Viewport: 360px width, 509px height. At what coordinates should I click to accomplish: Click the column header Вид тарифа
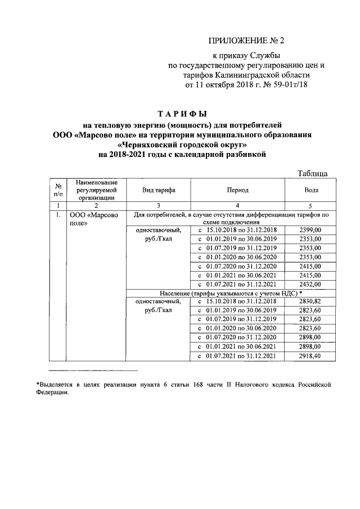coord(159,191)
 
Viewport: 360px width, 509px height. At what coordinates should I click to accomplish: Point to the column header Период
coord(238,191)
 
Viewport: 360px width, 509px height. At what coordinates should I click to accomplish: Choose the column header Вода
coord(310,191)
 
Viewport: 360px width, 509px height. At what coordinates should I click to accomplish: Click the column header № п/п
coord(58,191)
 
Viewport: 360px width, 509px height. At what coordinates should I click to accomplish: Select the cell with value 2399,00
coord(310,230)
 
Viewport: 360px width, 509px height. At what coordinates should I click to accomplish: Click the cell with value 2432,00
coord(310,284)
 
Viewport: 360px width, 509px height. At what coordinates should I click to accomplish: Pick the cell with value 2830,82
coord(310,302)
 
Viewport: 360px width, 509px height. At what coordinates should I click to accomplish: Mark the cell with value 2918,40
coord(310,356)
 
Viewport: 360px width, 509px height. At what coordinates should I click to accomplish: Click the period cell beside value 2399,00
coord(238,230)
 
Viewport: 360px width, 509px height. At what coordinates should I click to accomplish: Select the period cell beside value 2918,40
coord(238,356)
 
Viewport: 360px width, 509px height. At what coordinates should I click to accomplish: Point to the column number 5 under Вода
coord(310,206)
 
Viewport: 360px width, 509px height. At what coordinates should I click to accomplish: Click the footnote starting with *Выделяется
coord(180,389)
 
